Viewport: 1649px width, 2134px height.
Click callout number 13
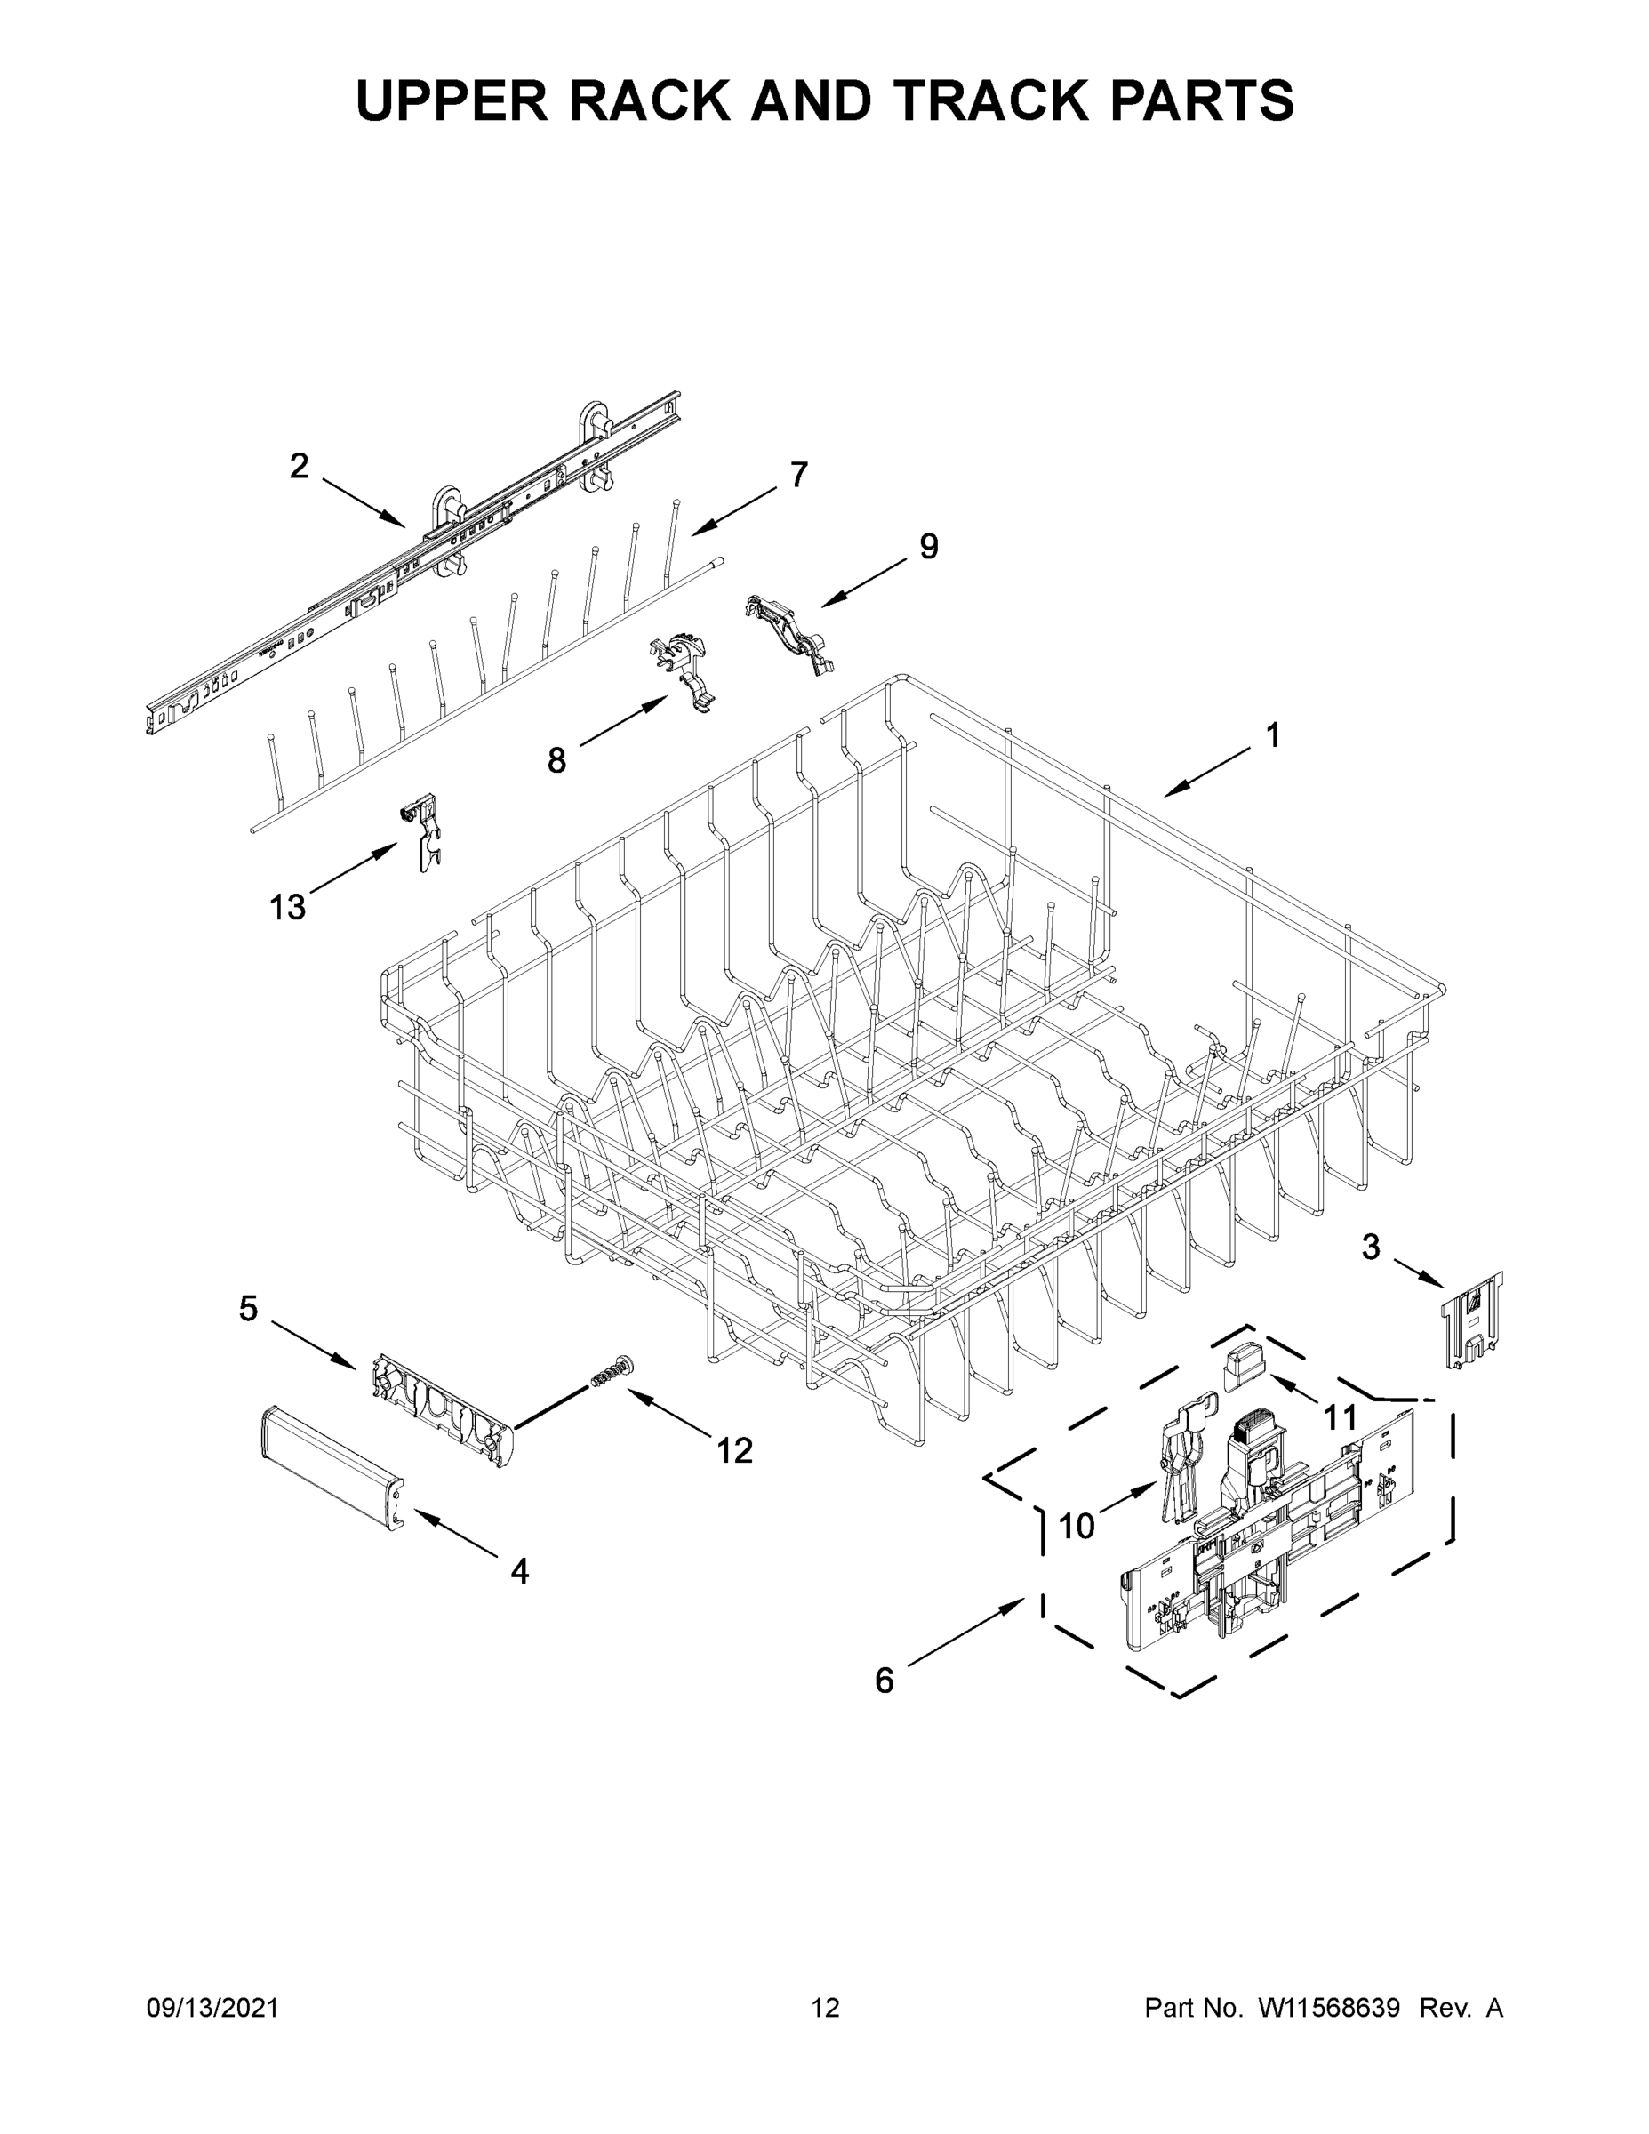[288, 908]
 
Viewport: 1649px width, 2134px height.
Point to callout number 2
[299, 466]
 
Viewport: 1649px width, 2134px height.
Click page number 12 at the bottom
[825, 2007]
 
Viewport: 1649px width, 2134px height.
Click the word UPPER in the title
[452, 100]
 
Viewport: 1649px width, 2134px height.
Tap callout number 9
[928, 546]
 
